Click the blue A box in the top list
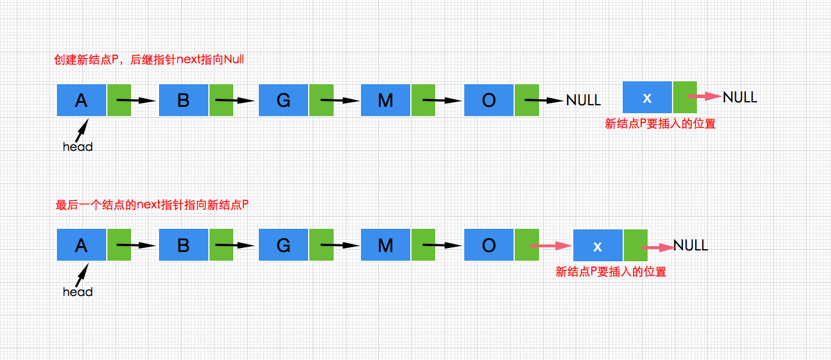click(81, 100)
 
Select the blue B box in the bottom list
click(183, 244)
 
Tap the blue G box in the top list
click(284, 100)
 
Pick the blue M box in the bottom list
click(385, 244)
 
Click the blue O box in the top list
click(489, 100)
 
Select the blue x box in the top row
click(647, 98)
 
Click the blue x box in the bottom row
click(598, 246)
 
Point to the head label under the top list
click(78, 147)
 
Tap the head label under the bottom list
click(78, 291)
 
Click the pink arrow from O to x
click(551, 246)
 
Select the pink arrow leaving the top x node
click(704, 97)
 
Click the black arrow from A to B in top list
click(137, 100)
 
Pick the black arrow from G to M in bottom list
click(340, 245)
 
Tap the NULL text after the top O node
click(583, 100)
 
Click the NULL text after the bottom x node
click(691, 246)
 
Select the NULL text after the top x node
click(740, 97)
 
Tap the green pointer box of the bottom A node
click(119, 244)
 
